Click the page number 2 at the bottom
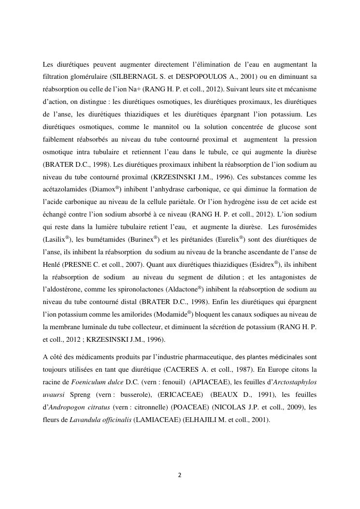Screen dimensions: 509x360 click(x=180, y=475)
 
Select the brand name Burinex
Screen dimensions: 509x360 click(x=144, y=239)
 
